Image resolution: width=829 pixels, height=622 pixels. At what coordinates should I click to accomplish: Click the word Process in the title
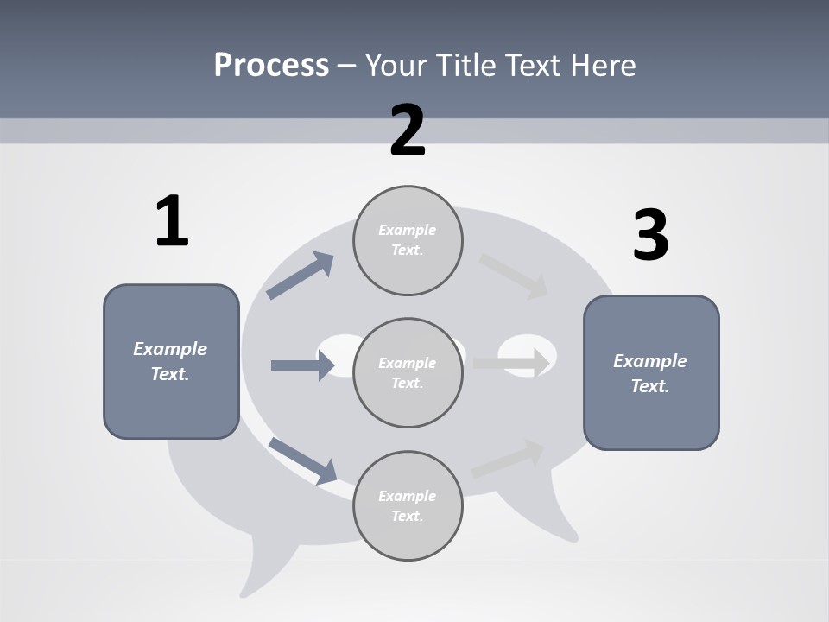271,65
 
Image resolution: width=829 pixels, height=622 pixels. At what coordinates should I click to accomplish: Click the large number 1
172,222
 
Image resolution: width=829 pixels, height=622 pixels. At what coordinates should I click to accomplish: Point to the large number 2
408,131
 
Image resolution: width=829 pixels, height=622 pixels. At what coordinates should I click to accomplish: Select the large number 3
650,236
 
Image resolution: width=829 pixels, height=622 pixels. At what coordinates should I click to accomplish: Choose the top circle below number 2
408,240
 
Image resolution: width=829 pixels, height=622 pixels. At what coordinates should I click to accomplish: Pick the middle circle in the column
408,373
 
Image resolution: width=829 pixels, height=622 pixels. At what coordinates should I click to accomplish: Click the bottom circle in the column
408,506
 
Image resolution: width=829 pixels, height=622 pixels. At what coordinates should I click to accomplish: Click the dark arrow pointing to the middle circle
302,365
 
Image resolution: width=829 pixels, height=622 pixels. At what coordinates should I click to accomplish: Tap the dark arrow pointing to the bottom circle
302,460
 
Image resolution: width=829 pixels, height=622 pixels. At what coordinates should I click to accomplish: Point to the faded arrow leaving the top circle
514,276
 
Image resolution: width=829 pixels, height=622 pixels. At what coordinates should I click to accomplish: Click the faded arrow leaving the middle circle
511,363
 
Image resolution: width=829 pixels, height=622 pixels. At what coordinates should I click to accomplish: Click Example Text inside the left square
170,361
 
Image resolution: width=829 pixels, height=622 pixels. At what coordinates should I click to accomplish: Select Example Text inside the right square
650,373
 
